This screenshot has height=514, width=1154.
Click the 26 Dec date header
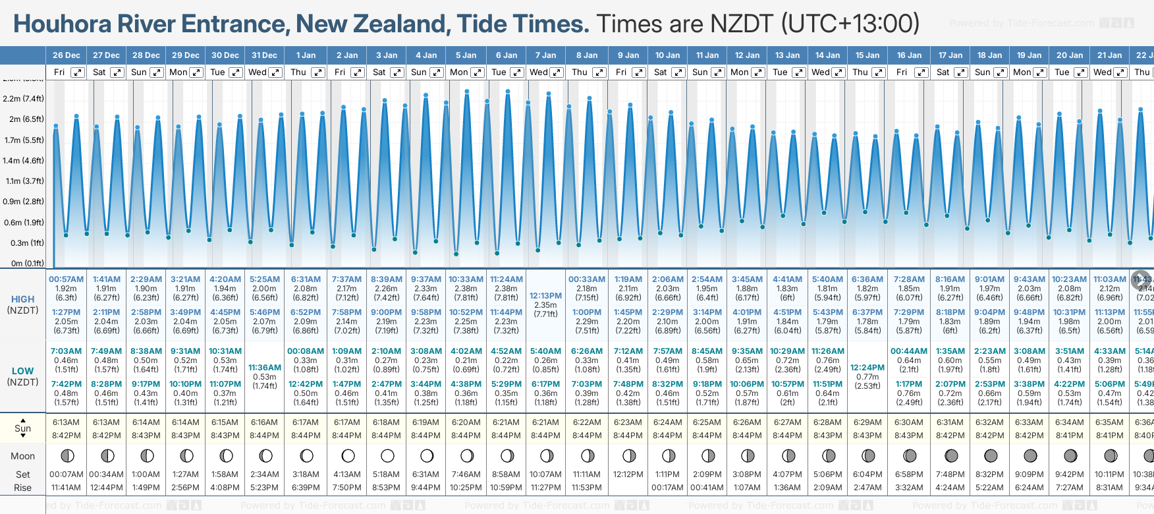67,55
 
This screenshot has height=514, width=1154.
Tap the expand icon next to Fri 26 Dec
77,72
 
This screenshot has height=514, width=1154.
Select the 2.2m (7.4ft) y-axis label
24,99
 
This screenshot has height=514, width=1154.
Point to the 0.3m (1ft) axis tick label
28,243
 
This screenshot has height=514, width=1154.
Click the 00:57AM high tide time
66,279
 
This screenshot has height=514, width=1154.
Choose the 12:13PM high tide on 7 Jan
545,296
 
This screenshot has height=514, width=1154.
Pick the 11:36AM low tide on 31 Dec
265,368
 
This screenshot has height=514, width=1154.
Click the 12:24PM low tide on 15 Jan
867,368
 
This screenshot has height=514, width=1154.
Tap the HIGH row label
22,300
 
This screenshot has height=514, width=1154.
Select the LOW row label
22,371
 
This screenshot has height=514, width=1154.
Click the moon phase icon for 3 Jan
387,455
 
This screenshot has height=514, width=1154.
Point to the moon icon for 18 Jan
990,455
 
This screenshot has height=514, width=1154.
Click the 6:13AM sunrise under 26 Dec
66,422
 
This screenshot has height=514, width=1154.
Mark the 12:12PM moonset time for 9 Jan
628,474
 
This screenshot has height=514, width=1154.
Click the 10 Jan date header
667,55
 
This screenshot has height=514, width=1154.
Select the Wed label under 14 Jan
820,72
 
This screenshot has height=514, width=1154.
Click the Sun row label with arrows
22,428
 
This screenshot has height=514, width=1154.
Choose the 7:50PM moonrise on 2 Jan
346,488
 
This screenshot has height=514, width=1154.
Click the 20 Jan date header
1070,55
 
